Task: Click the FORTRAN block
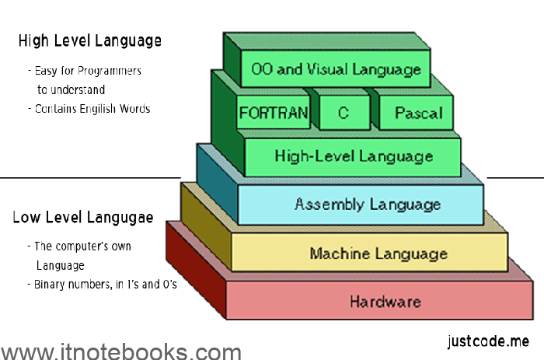coord(274,113)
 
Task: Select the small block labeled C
coord(343,113)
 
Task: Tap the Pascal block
coord(418,113)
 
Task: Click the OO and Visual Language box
coord(336,69)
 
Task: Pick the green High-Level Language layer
coord(354,156)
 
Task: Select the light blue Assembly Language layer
coord(367,204)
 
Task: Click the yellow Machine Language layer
coord(378,253)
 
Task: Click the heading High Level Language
coord(90,40)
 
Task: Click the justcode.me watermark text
coord(488,341)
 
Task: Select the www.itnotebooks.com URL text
coord(120,351)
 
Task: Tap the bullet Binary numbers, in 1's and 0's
coord(102,285)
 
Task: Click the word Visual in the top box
coord(323,69)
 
